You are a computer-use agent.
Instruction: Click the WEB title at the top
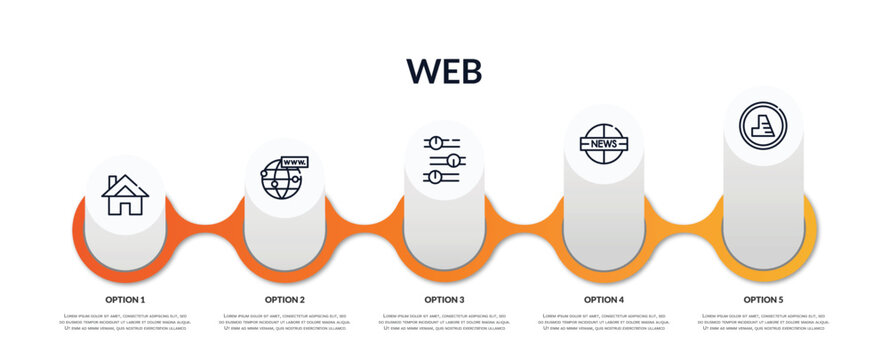tap(444, 70)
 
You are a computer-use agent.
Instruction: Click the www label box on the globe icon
tap(295, 162)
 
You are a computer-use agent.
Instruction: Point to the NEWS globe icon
tap(603, 144)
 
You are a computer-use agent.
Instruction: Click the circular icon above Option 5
tap(762, 126)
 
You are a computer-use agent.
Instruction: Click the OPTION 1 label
tap(125, 299)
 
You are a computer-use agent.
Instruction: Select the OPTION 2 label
tap(285, 299)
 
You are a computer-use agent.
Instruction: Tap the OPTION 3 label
tap(444, 299)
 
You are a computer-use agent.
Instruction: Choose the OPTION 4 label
tap(604, 299)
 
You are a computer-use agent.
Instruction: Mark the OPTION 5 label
tap(763, 299)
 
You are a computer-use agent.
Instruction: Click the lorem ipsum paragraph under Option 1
tap(125, 322)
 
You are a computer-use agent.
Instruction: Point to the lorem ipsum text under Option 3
tap(444, 322)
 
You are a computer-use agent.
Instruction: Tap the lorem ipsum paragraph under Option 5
tap(763, 322)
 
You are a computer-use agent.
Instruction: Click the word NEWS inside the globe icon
tap(603, 144)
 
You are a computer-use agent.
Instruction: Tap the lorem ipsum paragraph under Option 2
tap(285, 322)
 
